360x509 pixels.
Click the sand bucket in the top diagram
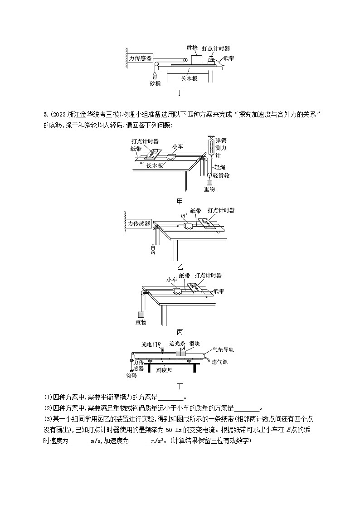(155, 76)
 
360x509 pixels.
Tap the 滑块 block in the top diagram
(197, 59)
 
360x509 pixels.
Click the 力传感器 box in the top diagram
(140, 58)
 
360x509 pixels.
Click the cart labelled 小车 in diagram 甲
(171, 156)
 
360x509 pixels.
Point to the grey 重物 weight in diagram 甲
(209, 183)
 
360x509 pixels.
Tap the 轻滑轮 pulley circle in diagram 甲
(210, 175)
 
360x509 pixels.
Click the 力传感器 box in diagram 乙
(139, 224)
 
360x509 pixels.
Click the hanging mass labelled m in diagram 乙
(153, 247)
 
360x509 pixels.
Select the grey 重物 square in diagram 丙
(141, 315)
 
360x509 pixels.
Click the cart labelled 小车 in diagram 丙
(176, 292)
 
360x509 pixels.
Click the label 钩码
(131, 375)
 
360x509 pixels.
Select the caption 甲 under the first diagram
(180, 200)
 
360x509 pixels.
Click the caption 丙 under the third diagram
(180, 331)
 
